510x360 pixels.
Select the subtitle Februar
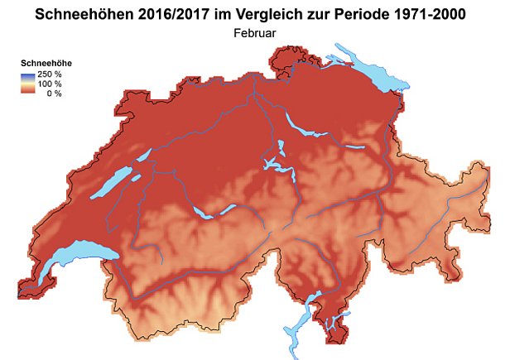254,33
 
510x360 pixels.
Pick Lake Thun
201,213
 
